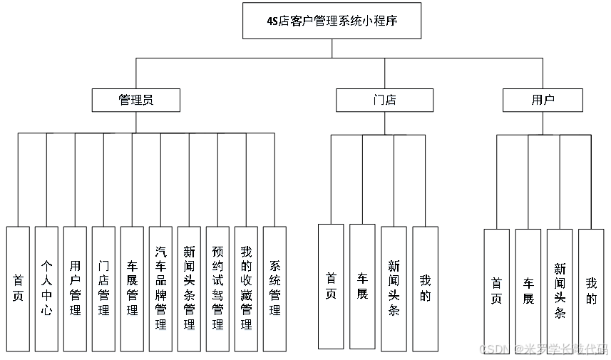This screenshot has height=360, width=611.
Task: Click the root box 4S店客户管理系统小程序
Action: coord(332,21)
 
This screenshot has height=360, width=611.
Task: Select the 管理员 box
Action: coord(135,100)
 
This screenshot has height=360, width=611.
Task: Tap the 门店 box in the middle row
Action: coord(384,100)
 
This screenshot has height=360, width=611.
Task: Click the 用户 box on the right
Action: coord(543,100)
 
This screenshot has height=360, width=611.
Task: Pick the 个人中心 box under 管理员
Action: coord(46,289)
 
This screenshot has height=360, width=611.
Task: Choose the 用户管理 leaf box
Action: coord(75,289)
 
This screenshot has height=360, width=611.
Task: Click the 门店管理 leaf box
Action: coord(103,289)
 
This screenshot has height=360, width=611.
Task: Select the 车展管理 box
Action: coord(132,289)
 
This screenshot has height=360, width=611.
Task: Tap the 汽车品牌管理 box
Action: coord(160,289)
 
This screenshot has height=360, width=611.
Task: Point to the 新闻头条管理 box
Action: coord(189,289)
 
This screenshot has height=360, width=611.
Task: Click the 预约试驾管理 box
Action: coord(217,289)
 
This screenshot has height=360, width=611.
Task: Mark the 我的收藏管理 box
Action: coord(246,289)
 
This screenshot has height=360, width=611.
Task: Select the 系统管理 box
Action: coord(274,289)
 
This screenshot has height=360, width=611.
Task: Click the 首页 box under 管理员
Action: coord(18,289)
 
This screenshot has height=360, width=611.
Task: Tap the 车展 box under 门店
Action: coord(362,286)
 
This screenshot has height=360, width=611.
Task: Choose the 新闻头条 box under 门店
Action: coord(394,287)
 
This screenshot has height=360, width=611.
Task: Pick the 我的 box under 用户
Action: coord(591,287)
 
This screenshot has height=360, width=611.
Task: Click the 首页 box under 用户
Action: coord(496,287)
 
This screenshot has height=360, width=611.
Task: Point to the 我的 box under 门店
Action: coord(425,287)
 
